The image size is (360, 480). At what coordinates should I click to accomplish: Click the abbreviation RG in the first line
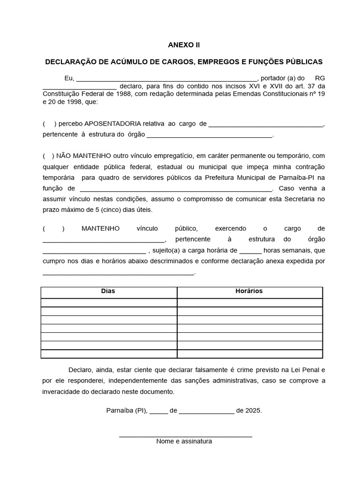[x=320, y=78]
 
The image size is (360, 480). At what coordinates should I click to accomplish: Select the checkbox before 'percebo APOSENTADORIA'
[x=49, y=124]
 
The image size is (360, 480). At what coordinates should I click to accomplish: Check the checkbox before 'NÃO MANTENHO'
[x=48, y=156]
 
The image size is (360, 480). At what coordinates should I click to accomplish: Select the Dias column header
[x=108, y=291]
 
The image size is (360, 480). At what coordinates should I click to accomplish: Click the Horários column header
[x=249, y=291]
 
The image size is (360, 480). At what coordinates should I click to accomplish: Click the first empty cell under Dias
[x=109, y=302]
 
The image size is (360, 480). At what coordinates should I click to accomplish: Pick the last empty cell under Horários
[x=249, y=354]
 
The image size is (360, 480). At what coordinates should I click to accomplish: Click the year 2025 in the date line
[x=253, y=410]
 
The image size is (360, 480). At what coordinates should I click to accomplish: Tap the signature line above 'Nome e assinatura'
[x=186, y=436]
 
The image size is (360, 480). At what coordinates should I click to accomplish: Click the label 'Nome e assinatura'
[x=184, y=442]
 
